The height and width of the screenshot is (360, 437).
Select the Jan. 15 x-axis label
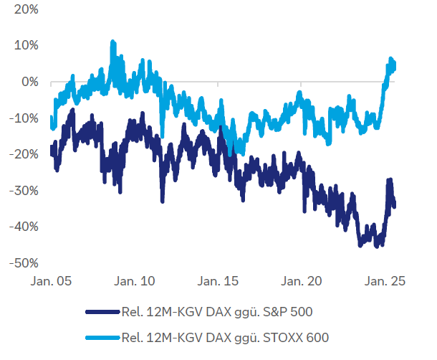click(x=217, y=282)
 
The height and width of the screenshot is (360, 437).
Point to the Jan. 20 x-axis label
click(x=301, y=282)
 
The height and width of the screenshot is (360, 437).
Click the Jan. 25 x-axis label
click(x=384, y=282)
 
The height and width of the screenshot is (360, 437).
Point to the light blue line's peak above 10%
click(x=112, y=42)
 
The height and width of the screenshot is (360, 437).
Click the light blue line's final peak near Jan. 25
click(x=391, y=58)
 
